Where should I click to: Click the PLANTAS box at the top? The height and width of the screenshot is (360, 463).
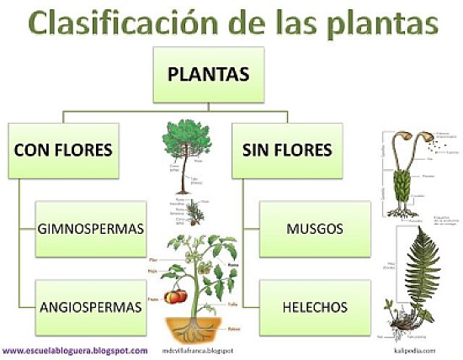(208, 75)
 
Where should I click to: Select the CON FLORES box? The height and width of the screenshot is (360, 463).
(63, 151)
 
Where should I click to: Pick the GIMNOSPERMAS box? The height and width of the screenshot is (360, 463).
(91, 229)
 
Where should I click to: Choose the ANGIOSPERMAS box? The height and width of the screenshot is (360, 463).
(91, 306)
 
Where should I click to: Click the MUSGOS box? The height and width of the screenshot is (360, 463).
(313, 229)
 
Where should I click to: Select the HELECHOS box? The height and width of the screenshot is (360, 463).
(313, 306)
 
